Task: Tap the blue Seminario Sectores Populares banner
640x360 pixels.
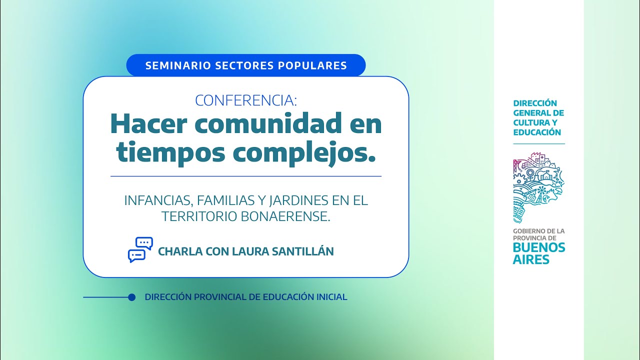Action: (246, 65)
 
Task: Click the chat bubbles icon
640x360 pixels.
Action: (140, 249)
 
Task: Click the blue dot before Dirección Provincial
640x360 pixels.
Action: (132, 297)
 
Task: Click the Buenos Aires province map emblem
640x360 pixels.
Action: (538, 188)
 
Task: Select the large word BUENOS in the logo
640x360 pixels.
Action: (539, 247)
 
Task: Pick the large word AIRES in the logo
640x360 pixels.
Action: (531, 259)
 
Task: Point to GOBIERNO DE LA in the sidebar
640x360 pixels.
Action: (538, 231)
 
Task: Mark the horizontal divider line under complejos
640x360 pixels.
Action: (246, 176)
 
